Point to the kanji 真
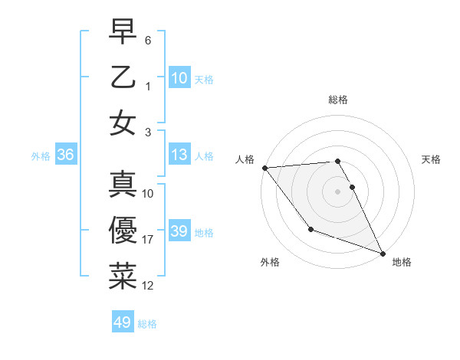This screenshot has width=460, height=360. pyautogui.click(x=123, y=185)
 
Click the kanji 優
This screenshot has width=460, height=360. pyautogui.click(x=123, y=230)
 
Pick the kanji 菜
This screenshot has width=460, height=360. pyautogui.click(x=123, y=276)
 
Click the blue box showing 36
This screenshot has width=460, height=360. pyautogui.click(x=66, y=155)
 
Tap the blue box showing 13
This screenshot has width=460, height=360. pyautogui.click(x=179, y=155)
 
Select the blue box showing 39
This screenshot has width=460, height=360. pyautogui.click(x=179, y=231)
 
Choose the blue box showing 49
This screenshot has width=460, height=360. pyautogui.click(x=123, y=322)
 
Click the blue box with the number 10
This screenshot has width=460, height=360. pyautogui.click(x=179, y=77)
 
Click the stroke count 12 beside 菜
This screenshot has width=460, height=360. pyautogui.click(x=148, y=286)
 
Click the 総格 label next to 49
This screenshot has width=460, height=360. pyautogui.click(x=147, y=324)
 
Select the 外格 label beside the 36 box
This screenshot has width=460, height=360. pyautogui.click(x=41, y=156)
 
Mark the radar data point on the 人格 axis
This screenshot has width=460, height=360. pyautogui.click(x=264, y=168)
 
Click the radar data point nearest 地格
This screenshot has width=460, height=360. pyautogui.click(x=383, y=253)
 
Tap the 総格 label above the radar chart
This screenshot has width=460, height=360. pyautogui.click(x=337, y=100)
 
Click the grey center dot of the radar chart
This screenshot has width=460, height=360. pyautogui.click(x=337, y=191)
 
